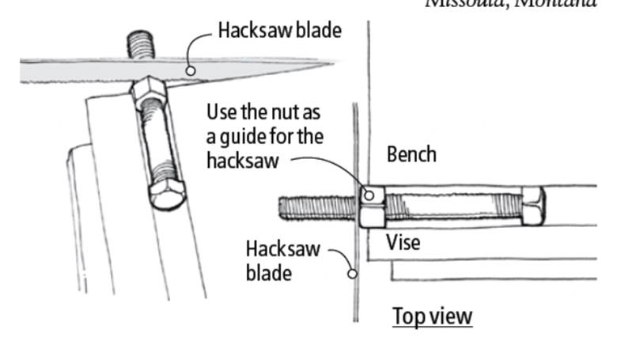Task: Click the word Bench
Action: (411, 153)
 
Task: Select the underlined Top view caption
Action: (433, 316)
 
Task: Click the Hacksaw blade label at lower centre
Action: (282, 260)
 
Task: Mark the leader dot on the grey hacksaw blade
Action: (191, 70)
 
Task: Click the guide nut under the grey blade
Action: (147, 93)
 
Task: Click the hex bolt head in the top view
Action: (532, 206)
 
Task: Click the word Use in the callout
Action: (221, 111)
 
